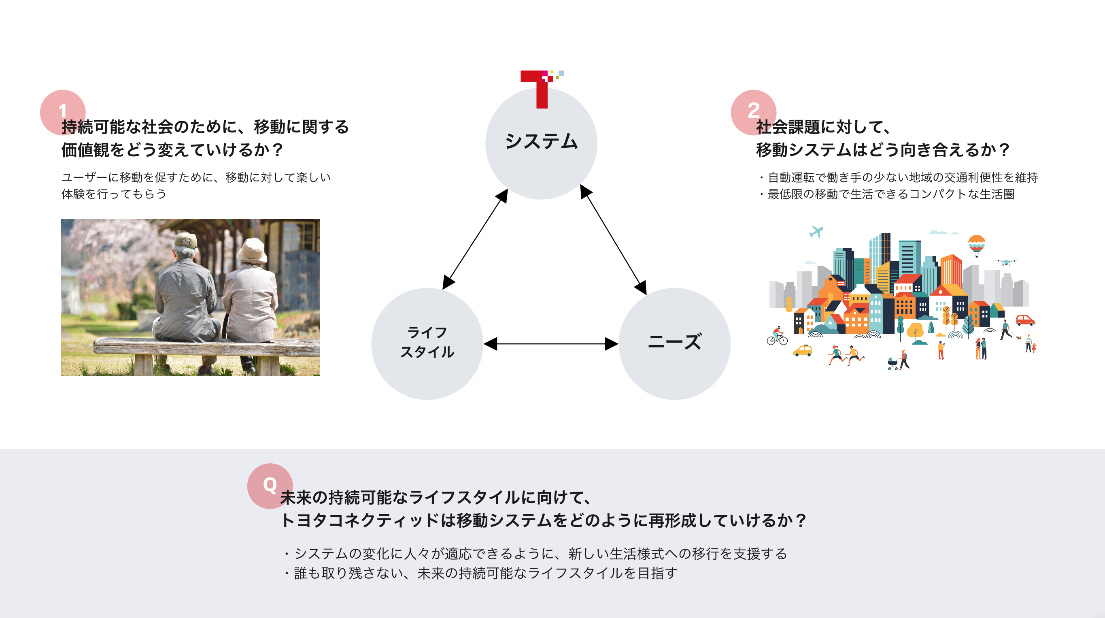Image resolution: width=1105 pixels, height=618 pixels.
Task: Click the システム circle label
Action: pyautogui.click(x=541, y=141)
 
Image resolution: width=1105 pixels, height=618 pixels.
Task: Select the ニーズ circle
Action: pyautogui.click(x=674, y=343)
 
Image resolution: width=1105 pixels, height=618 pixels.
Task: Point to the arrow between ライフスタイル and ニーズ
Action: pyautogui.click(x=551, y=344)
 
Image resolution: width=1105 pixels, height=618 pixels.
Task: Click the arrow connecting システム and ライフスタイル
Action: pyautogui.click(x=475, y=239)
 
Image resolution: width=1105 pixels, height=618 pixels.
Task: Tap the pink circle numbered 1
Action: pyautogui.click(x=63, y=112)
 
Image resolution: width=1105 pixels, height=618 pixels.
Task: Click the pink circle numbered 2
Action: pyautogui.click(x=753, y=112)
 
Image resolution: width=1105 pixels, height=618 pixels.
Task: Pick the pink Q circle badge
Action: pyautogui.click(x=270, y=486)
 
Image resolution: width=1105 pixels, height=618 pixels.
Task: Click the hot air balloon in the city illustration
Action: pyautogui.click(x=976, y=245)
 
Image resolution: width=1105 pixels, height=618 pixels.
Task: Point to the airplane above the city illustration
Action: pyautogui.click(x=816, y=232)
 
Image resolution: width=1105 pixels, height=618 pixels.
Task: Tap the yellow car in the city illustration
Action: pyautogui.click(x=802, y=351)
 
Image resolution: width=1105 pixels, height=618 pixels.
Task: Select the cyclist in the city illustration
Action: pyautogui.click(x=777, y=337)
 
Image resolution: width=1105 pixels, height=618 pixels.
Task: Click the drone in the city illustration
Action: pyautogui.click(x=1006, y=262)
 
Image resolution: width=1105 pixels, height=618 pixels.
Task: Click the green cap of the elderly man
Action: pyautogui.click(x=186, y=240)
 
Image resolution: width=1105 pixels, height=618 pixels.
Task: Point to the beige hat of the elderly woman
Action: pyautogui.click(x=252, y=251)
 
